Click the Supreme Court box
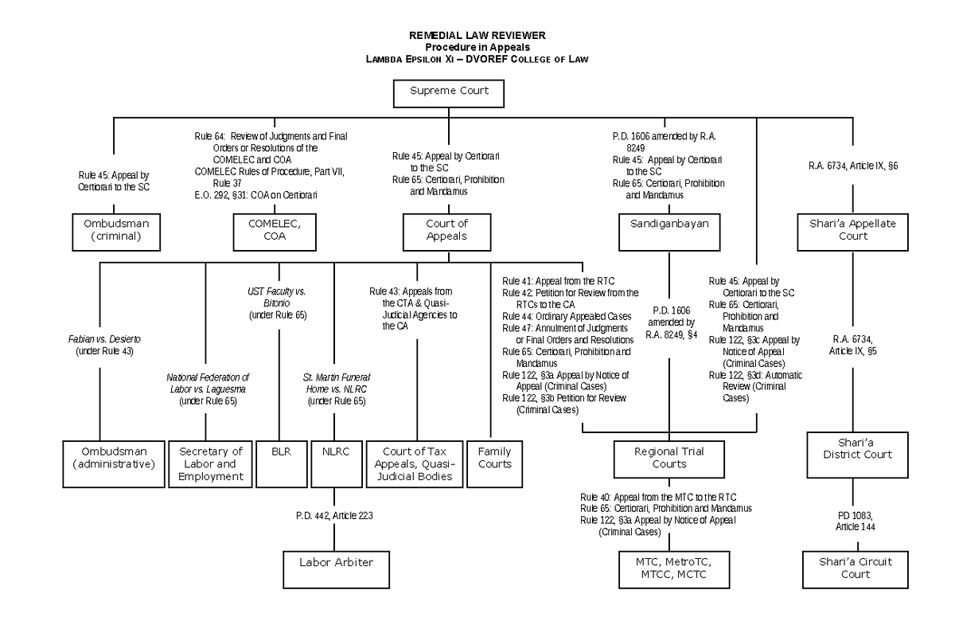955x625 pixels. tap(449, 92)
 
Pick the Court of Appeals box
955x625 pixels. tap(446, 231)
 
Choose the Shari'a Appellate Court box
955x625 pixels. tap(852, 231)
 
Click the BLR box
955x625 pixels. tap(280, 451)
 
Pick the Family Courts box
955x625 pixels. tap(494, 458)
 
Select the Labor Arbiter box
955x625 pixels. tap(336, 562)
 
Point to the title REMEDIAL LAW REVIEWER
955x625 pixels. tap(477, 37)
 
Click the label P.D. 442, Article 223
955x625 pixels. tap(333, 515)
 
